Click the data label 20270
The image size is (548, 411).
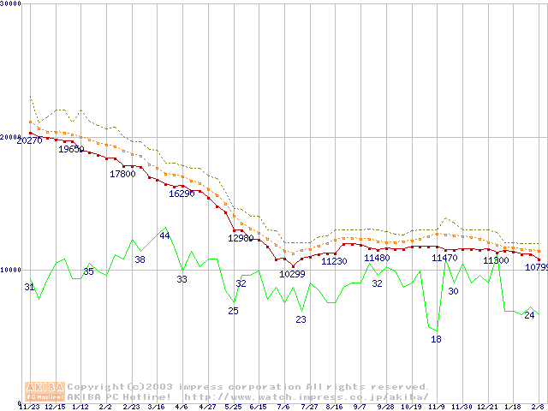click(x=29, y=140)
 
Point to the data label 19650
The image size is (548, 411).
click(x=71, y=149)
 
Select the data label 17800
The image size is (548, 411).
click(x=122, y=174)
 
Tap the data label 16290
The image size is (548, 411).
click(x=182, y=194)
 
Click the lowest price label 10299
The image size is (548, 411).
click(x=292, y=274)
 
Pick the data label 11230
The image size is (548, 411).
click(x=334, y=262)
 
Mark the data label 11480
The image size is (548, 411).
click(x=377, y=258)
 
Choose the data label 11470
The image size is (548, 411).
click(x=444, y=258)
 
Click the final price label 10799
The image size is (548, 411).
click(x=535, y=267)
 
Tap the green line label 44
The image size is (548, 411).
click(x=164, y=235)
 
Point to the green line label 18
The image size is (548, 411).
click(x=436, y=339)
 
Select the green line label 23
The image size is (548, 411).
click(x=301, y=319)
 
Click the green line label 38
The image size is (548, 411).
click(x=140, y=259)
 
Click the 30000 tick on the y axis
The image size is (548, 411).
click(x=11, y=4)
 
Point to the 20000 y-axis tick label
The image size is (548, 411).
click(x=11, y=137)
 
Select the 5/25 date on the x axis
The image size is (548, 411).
click(x=233, y=407)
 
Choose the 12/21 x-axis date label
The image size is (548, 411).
click(x=487, y=407)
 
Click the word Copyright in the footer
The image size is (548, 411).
click(x=101, y=387)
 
